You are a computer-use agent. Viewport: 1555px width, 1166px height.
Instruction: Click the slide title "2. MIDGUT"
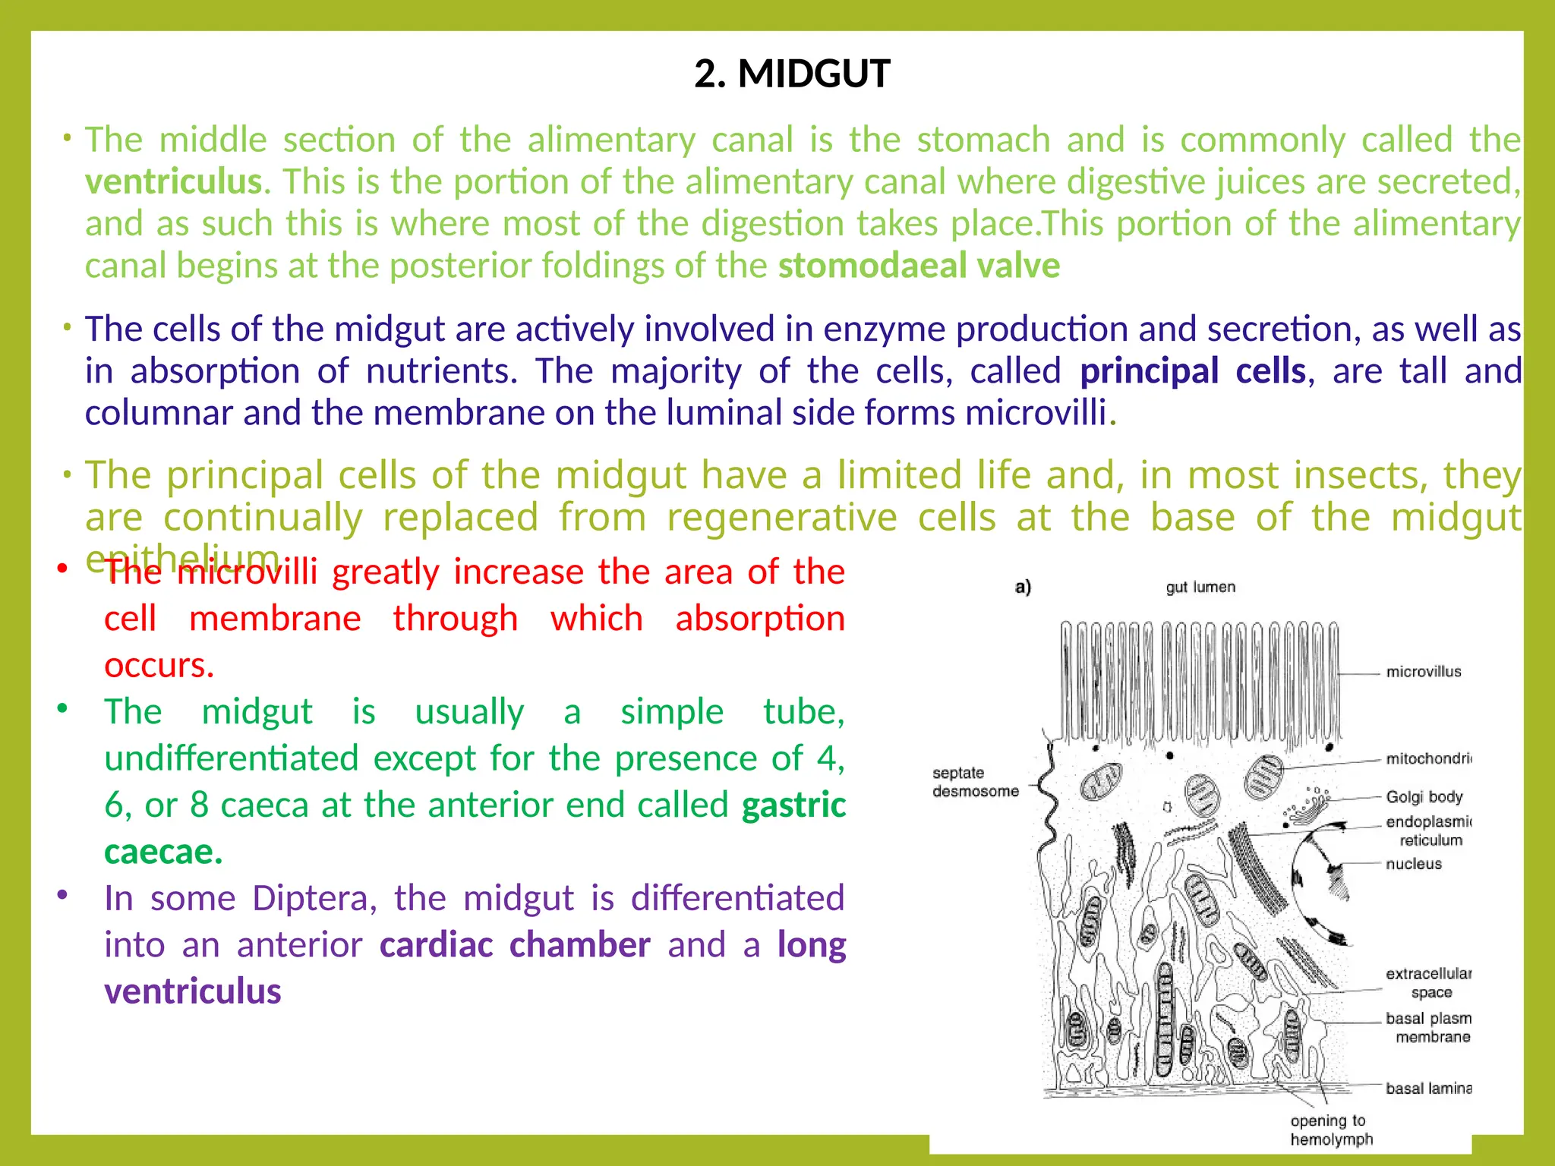click(791, 74)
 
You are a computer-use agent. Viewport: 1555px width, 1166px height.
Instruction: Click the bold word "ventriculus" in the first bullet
click(173, 182)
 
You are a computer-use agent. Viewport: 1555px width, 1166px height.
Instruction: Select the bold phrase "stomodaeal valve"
click(919, 266)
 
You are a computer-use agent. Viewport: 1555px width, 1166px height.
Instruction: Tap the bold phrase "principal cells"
click(1192, 371)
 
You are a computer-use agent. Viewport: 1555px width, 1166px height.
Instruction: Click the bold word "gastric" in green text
click(793, 805)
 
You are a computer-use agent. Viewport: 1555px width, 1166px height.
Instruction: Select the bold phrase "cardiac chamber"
click(515, 945)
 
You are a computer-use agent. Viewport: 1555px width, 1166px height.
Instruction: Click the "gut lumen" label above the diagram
click(1200, 588)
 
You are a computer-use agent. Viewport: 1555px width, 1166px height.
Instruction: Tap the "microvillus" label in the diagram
click(1423, 672)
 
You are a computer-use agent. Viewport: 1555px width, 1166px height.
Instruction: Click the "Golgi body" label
click(1424, 797)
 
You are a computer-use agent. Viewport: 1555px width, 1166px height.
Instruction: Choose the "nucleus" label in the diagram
click(1413, 864)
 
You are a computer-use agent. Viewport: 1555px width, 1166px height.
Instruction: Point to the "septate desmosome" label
click(975, 782)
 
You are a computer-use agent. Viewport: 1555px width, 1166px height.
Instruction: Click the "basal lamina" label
click(1427, 1089)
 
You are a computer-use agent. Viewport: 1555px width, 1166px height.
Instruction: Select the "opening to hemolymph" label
click(1331, 1130)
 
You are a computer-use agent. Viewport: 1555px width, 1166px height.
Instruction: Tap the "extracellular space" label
click(1428, 983)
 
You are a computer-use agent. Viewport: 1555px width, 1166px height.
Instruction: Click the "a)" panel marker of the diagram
click(1023, 587)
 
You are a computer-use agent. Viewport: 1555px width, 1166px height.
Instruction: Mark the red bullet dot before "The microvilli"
click(63, 569)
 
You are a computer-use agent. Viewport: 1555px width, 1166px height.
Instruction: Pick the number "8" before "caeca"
click(199, 805)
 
